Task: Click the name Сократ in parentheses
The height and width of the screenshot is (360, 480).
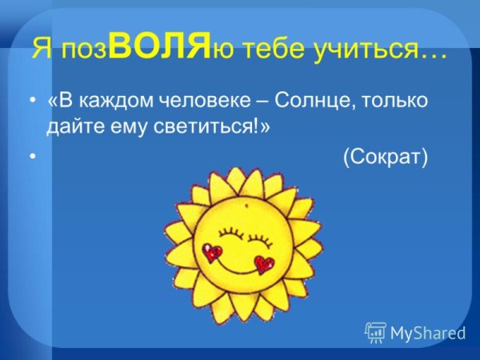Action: coord(386,158)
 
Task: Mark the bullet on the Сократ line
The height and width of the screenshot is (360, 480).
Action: coord(31,158)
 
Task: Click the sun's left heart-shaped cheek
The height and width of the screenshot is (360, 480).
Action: coord(212,253)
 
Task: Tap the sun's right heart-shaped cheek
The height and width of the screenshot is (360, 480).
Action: coord(263,264)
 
